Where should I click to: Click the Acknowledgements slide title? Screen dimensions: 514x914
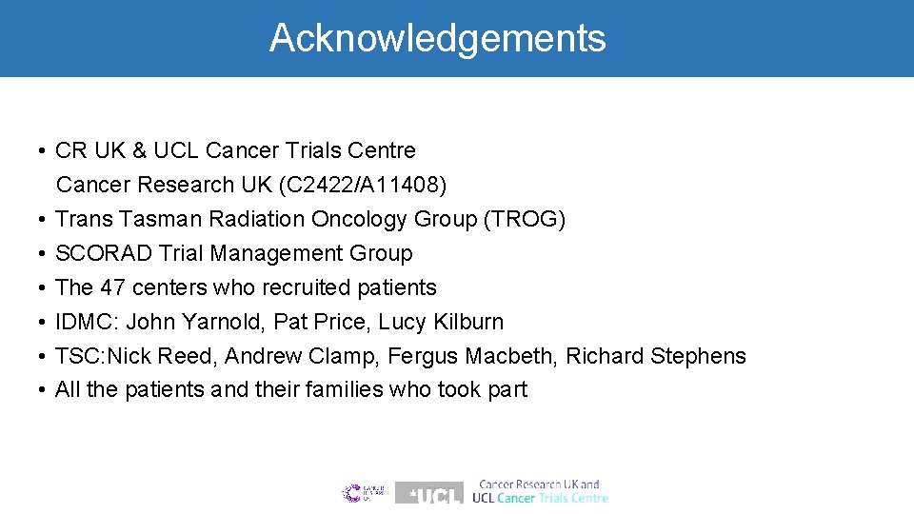tap(437, 38)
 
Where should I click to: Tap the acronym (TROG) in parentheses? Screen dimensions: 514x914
tap(525, 219)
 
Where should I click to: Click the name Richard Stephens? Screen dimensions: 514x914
tap(656, 356)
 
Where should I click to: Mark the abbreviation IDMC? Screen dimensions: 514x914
tap(88, 322)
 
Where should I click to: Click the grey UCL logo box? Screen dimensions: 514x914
tap(429, 493)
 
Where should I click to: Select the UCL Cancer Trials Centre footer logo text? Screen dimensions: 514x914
tap(541, 492)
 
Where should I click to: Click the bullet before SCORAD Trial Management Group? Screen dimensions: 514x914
tap(45, 254)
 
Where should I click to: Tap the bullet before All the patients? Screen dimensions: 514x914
tap(45, 390)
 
